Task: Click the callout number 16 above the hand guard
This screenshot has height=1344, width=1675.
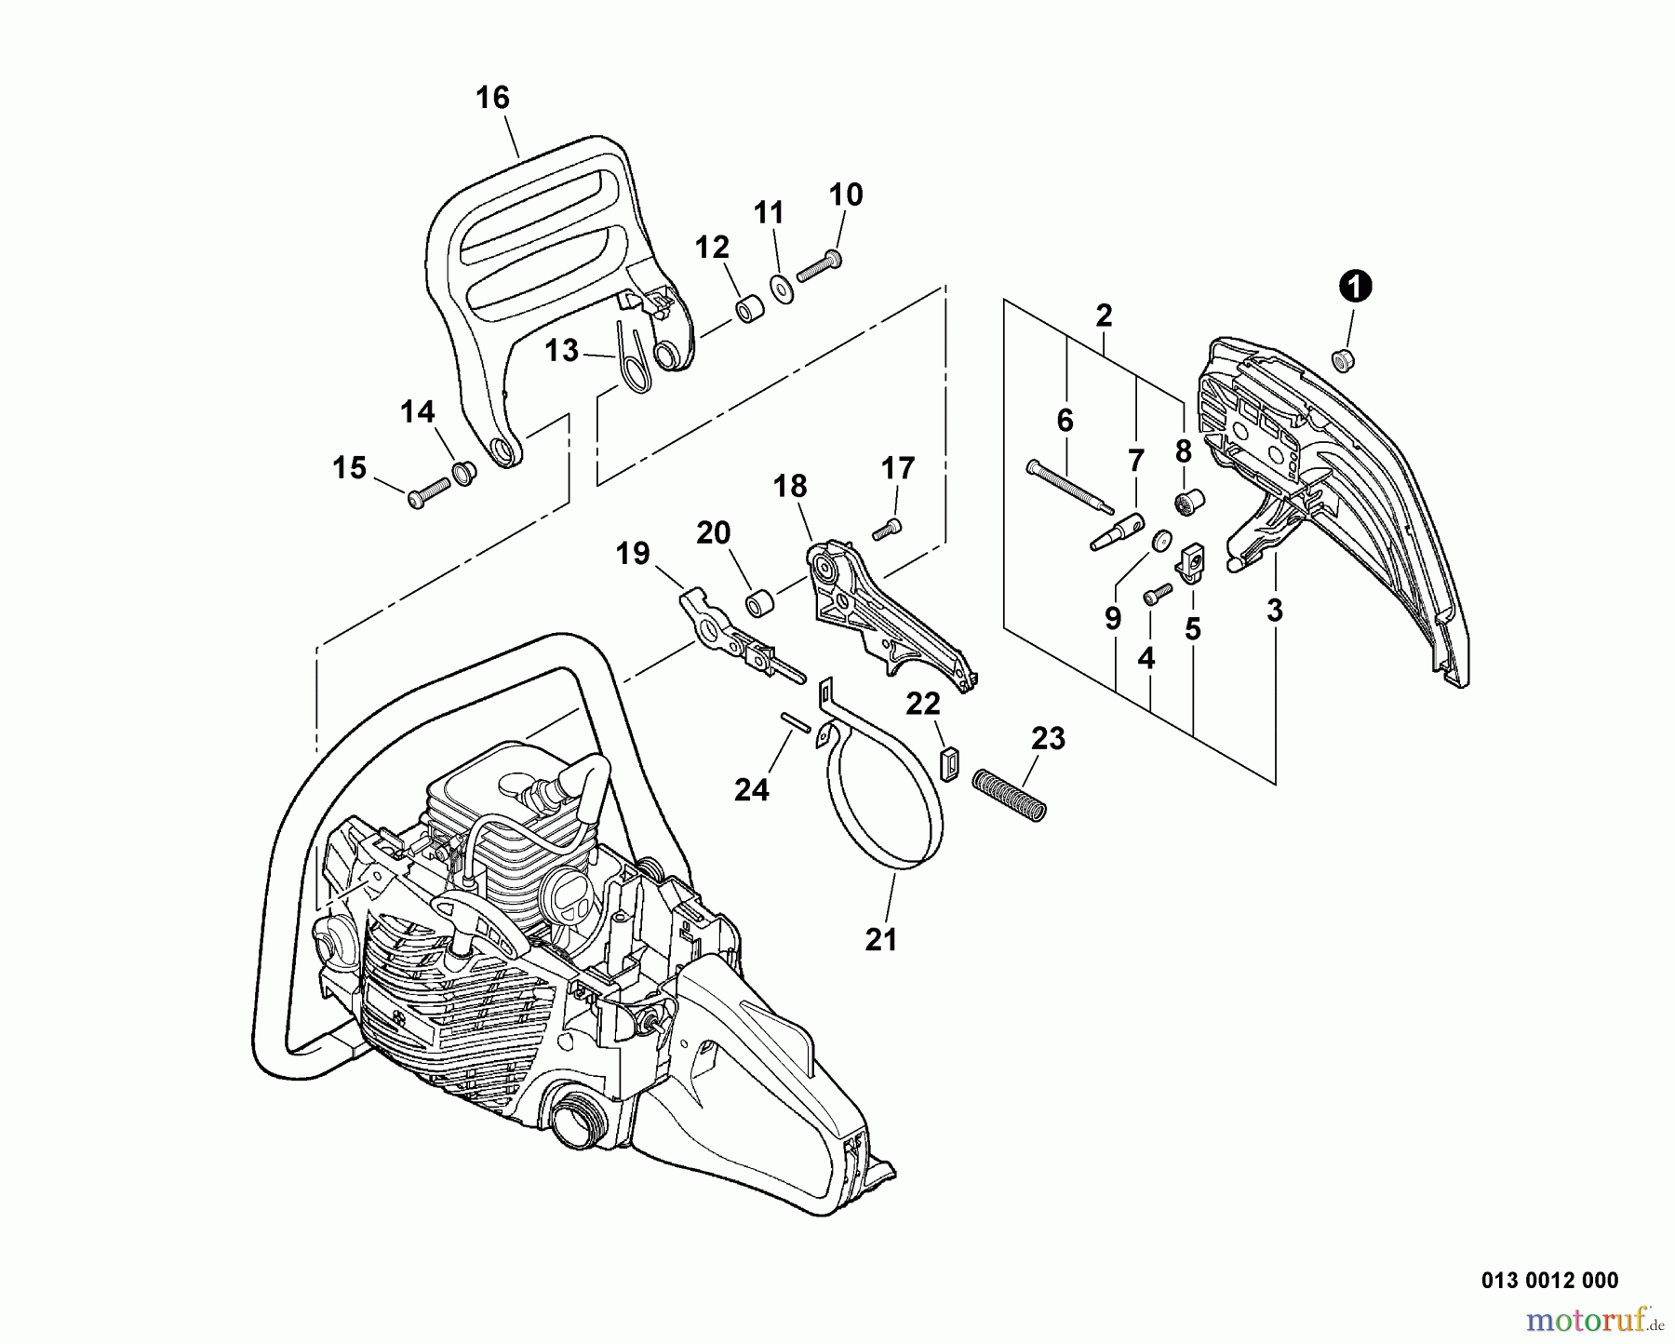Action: (492, 98)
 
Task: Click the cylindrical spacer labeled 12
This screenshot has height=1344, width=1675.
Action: (749, 310)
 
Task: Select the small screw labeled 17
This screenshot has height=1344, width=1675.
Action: (886, 531)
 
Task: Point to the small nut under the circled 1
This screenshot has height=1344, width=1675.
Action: (1343, 358)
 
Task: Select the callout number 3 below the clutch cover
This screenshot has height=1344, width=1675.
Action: (1274, 611)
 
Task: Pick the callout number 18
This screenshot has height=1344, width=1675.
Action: (790, 486)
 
